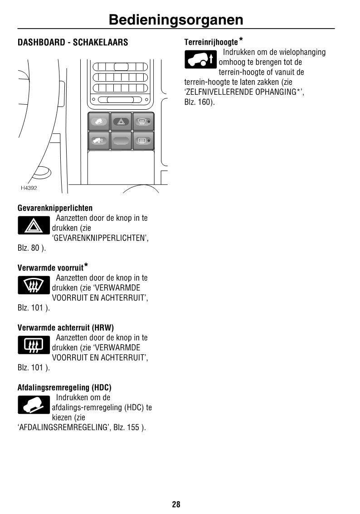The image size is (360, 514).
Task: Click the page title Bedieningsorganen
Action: coord(176,20)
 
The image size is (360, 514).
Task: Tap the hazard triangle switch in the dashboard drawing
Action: coord(121,121)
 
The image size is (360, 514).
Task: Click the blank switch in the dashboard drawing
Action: coord(121,141)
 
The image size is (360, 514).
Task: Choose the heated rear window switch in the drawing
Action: coord(143,141)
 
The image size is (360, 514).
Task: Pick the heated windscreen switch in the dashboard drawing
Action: coord(143,121)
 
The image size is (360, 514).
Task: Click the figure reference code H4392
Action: coord(29,188)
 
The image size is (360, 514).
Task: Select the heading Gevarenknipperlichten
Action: coord(55,208)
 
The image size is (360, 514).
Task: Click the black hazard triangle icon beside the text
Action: coord(34,225)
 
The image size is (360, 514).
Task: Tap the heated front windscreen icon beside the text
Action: coord(34,286)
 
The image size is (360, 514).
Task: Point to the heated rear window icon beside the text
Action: coord(34,345)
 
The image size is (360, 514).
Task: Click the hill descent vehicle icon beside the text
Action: coord(34,405)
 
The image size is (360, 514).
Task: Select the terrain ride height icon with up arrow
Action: coord(201,59)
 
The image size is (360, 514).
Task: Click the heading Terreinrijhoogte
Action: coord(211,42)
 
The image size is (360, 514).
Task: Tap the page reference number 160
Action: coord(204,102)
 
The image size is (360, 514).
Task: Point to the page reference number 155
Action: coord(133,427)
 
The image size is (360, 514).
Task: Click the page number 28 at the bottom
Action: coord(176,504)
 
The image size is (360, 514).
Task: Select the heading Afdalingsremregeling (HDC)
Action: coord(64,388)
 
